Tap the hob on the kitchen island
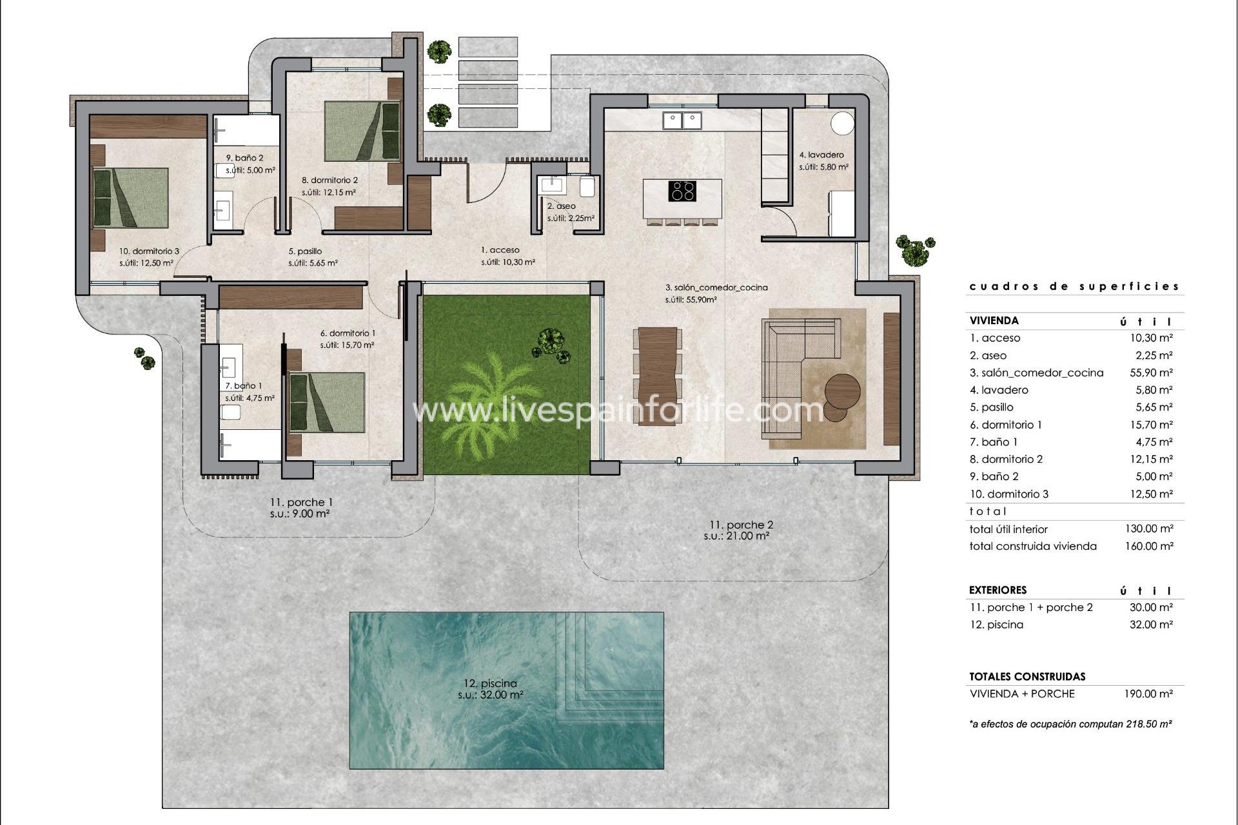682,191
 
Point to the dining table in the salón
657,374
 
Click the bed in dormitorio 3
131,198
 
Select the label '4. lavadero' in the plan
821,155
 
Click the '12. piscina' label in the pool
490,683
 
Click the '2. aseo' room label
561,206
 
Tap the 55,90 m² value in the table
1154,373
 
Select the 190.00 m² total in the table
1154,694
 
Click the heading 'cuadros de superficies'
1074,286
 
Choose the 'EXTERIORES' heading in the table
997,590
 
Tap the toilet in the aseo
588,187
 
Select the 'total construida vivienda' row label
1032,546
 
